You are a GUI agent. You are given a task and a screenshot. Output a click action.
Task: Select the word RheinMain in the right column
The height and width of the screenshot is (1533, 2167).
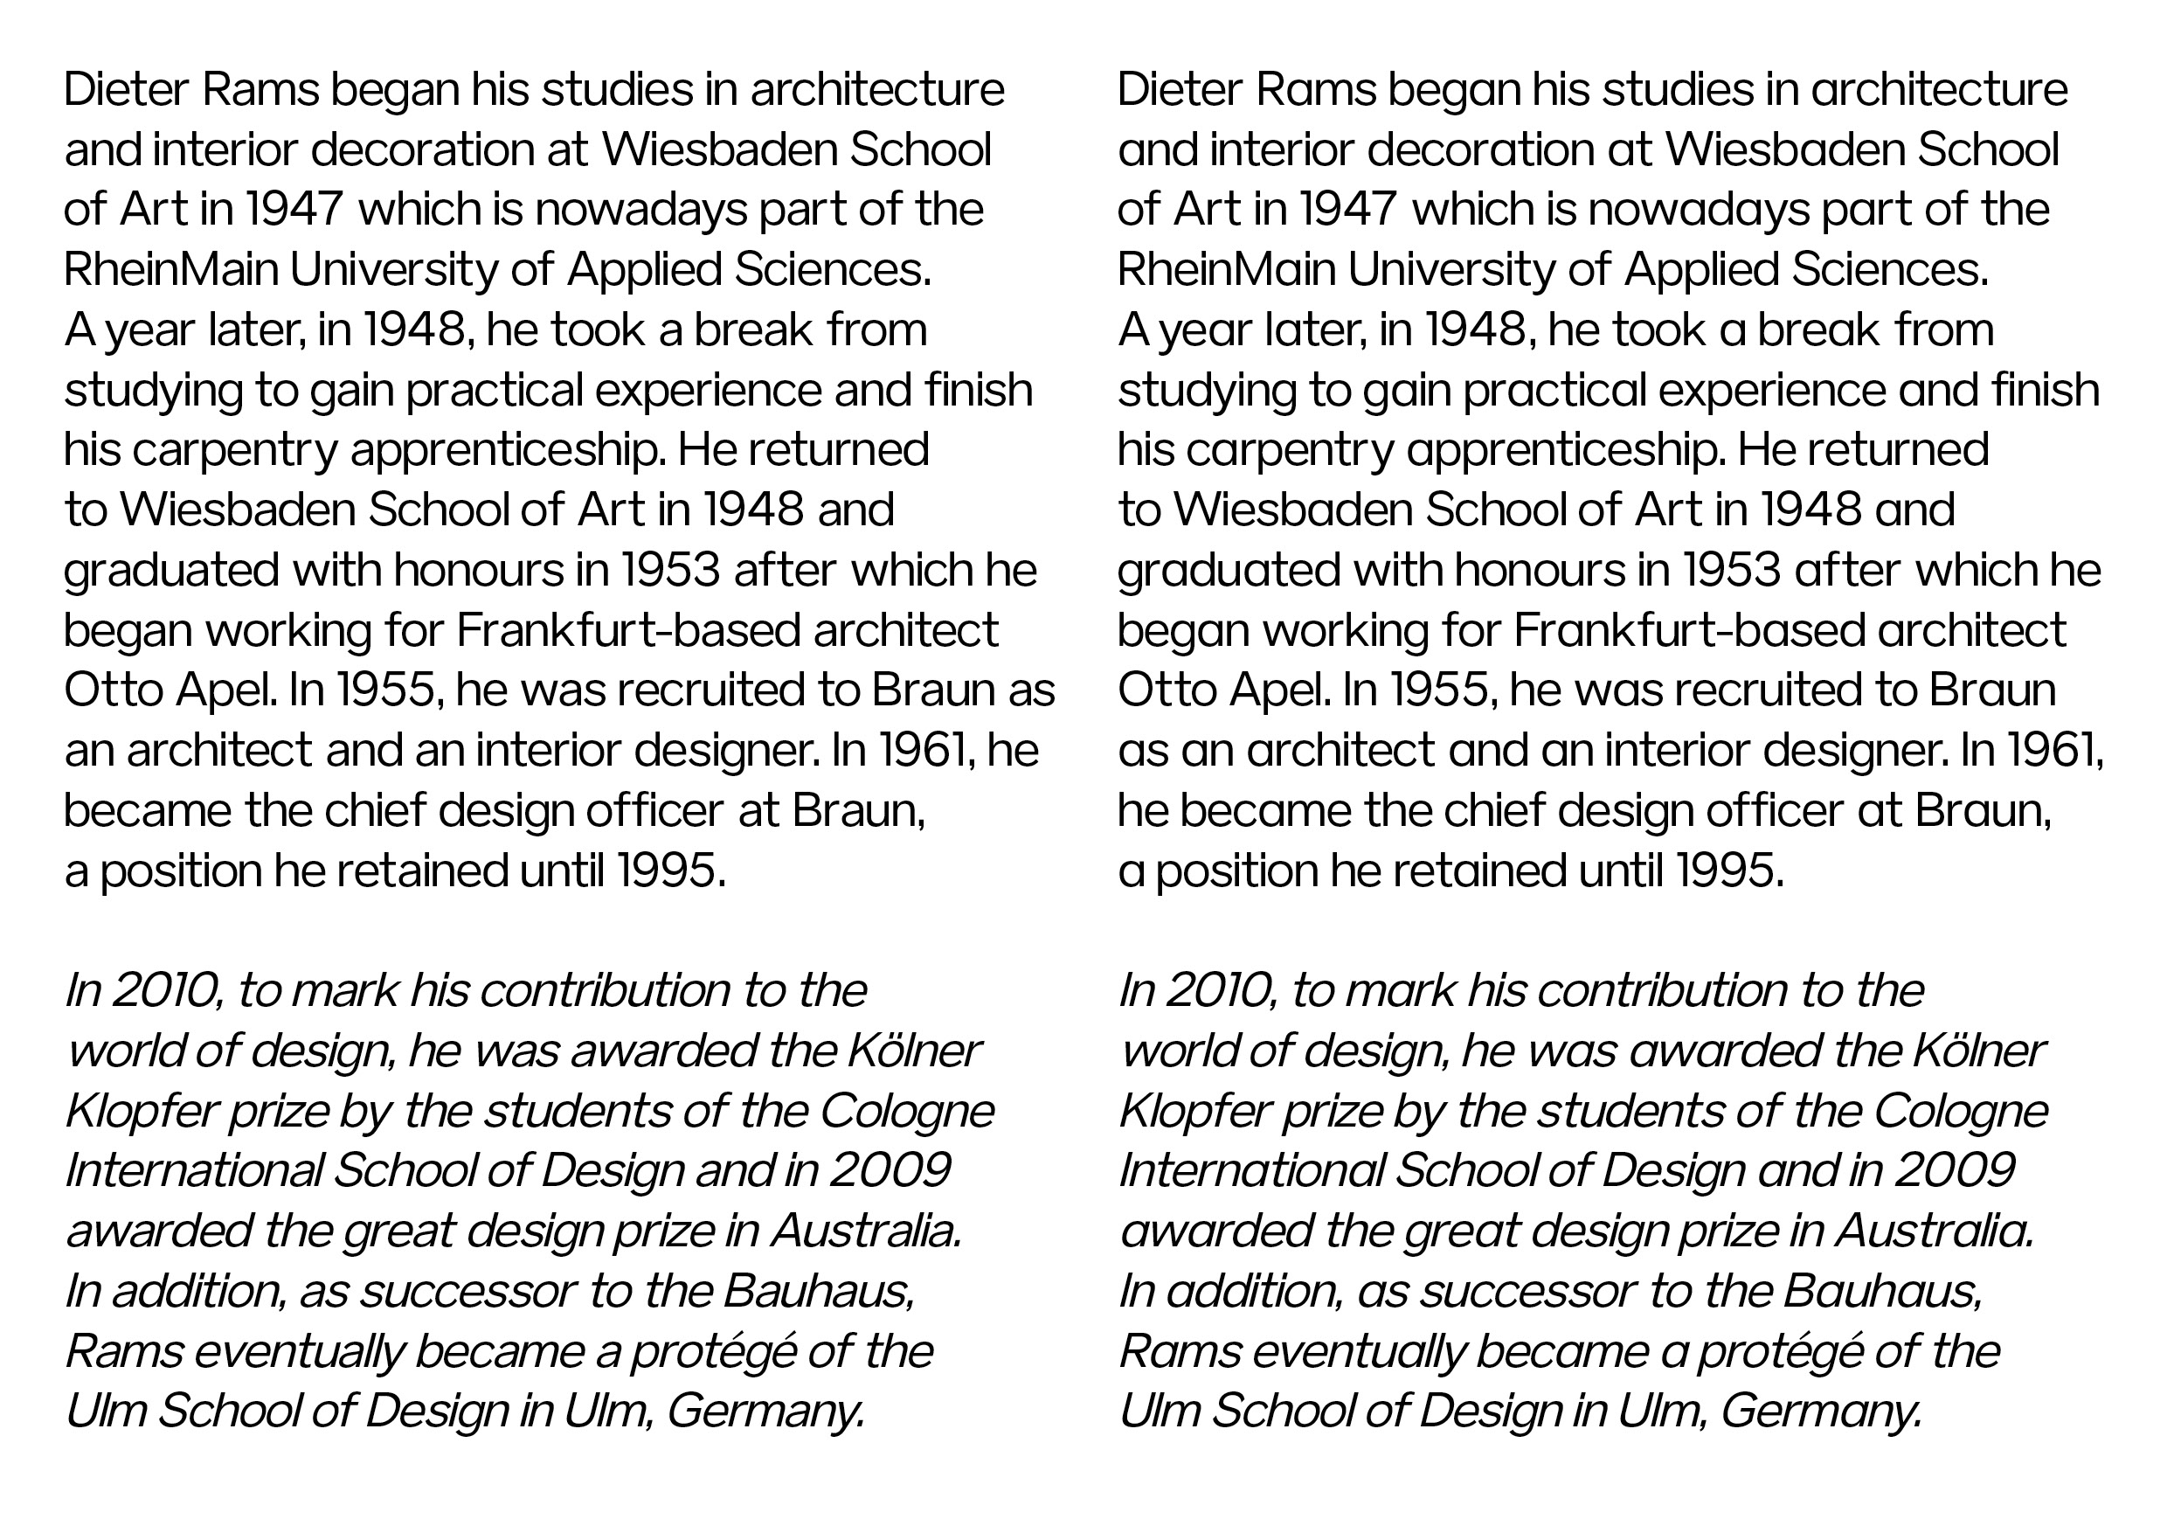1226,270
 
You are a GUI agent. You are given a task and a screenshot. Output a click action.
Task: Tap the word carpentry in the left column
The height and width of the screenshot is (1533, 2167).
234,451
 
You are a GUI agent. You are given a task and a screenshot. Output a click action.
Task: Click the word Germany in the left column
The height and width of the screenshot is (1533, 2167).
765,1412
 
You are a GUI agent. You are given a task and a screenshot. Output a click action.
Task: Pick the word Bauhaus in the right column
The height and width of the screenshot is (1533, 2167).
1882,1292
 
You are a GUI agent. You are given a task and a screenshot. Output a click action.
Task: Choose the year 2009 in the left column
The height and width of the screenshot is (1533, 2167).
890,1171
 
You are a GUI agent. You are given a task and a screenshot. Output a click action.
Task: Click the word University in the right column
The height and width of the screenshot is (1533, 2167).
1450,270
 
